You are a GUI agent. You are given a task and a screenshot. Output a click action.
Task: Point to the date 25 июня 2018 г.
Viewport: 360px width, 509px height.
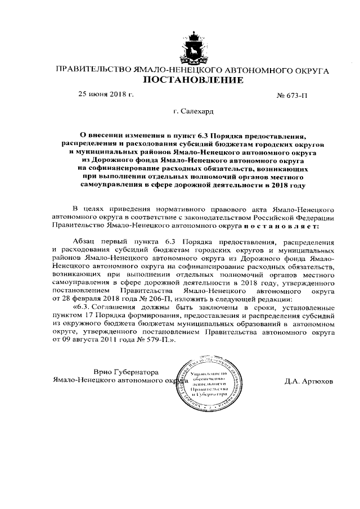point(105,94)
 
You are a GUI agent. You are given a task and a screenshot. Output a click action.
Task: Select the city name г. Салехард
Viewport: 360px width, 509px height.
point(193,112)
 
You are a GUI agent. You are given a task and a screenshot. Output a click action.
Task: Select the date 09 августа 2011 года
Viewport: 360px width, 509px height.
point(93,340)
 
